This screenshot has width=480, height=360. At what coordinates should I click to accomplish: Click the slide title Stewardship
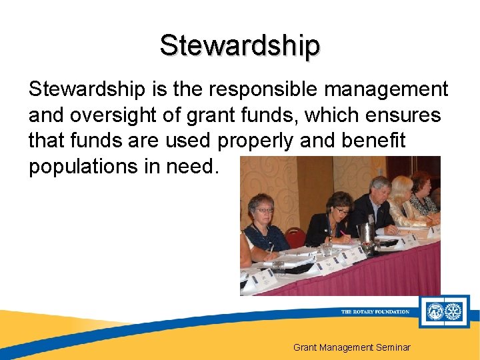point(240,45)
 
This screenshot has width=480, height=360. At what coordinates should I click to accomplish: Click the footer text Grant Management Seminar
point(352,347)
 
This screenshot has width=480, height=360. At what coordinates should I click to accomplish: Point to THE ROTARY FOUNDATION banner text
point(375,311)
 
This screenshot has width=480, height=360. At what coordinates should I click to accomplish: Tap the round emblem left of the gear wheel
point(435,311)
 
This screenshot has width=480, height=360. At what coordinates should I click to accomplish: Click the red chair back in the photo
point(296,237)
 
